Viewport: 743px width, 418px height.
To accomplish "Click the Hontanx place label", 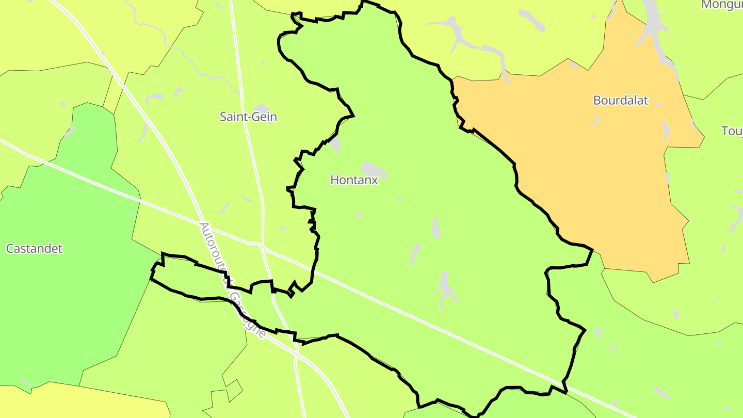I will (x=354, y=180).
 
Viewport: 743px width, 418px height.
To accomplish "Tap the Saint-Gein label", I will (x=248, y=117).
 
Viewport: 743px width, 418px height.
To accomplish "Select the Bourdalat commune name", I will (x=620, y=100).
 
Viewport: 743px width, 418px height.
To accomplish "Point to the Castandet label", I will (x=34, y=249).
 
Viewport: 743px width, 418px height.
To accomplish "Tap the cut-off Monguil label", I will (x=722, y=5).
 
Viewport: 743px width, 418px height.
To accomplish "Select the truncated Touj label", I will (x=732, y=131).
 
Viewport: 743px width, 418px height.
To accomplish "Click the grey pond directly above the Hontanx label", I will (x=373, y=168).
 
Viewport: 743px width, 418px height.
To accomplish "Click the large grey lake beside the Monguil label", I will (x=651, y=21).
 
